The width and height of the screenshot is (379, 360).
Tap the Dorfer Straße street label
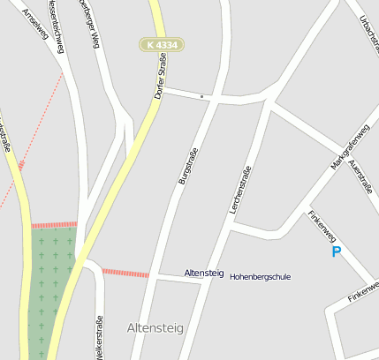(x=160, y=76)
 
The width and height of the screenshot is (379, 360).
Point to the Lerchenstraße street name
(x=240, y=190)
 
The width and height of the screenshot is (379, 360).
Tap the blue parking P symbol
(x=336, y=252)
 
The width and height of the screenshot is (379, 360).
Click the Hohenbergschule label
(x=260, y=277)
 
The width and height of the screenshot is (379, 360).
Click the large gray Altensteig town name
(x=155, y=328)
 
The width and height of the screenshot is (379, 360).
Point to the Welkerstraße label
(x=99, y=337)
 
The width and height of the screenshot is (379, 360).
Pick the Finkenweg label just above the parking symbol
(x=322, y=225)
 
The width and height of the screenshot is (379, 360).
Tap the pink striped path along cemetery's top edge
(x=55, y=225)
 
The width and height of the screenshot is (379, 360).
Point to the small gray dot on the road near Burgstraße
(x=201, y=94)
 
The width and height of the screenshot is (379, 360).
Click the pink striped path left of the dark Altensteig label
(x=125, y=273)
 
